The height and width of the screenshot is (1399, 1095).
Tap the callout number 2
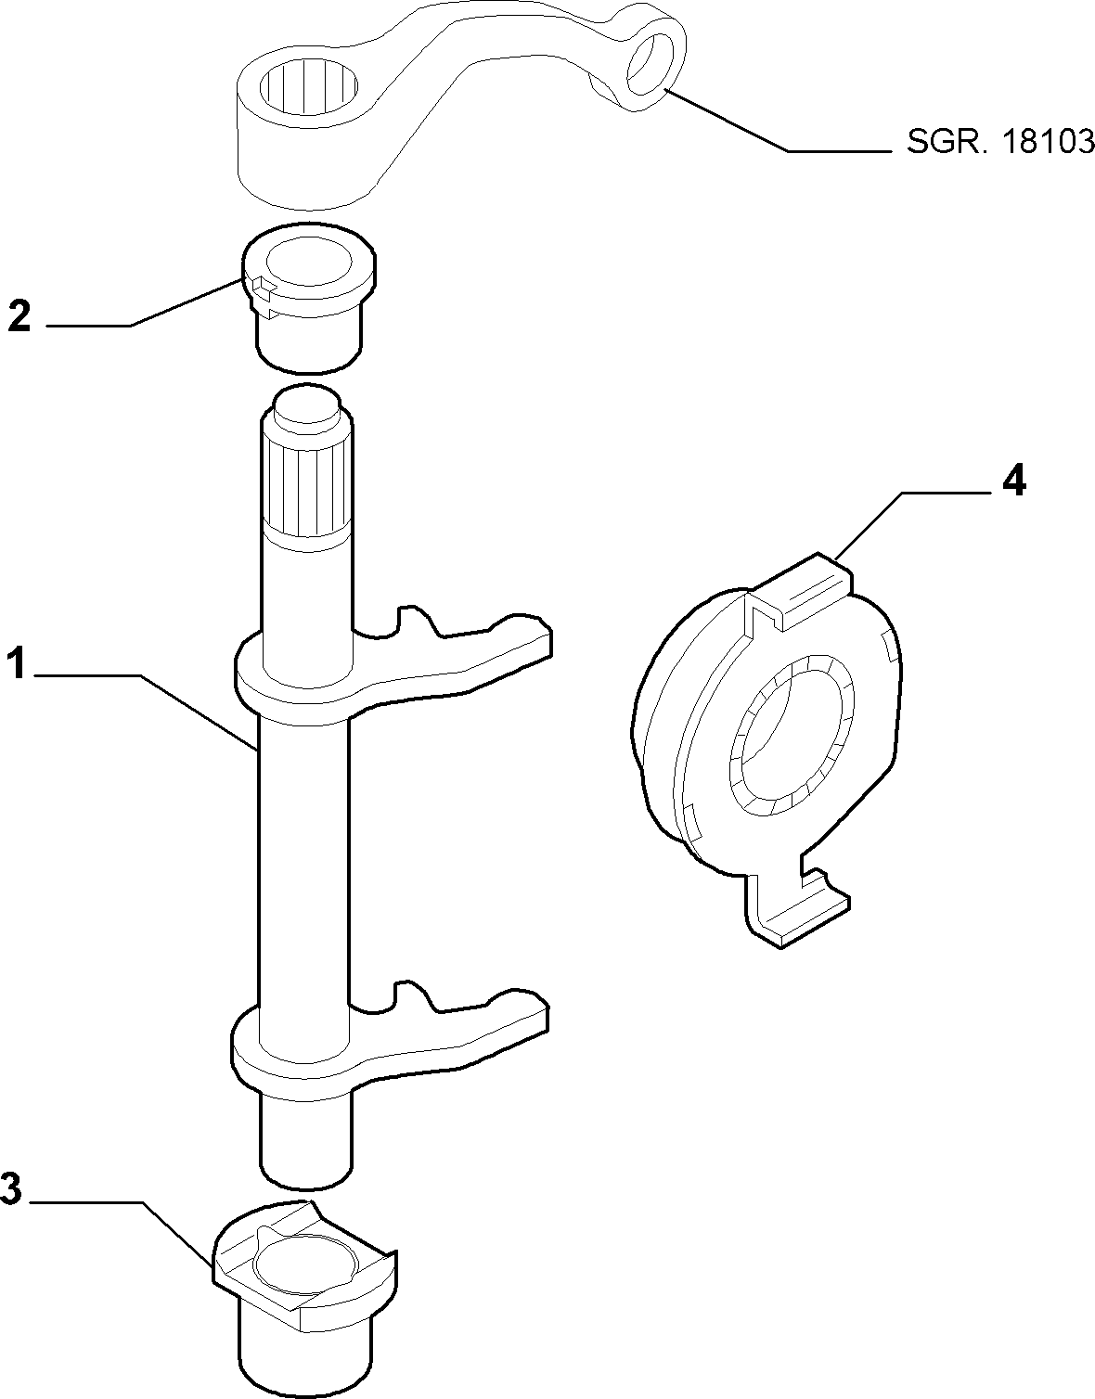(x=19, y=316)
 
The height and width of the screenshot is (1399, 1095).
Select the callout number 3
(x=11, y=1187)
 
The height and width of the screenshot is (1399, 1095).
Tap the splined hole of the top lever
(x=309, y=90)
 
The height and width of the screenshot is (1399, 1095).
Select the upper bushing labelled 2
(x=310, y=298)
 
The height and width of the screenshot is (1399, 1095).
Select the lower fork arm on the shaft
(x=391, y=1046)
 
